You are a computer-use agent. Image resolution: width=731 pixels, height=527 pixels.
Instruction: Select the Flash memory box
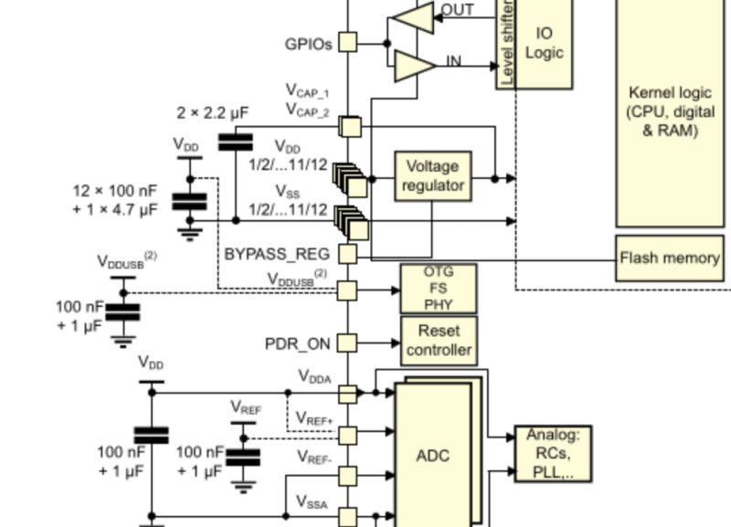tap(670, 258)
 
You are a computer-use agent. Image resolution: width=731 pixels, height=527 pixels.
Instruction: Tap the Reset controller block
tap(439, 340)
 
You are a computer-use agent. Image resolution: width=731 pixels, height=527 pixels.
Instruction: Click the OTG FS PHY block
tap(439, 289)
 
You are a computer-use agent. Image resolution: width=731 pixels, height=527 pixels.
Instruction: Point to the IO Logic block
tap(543, 43)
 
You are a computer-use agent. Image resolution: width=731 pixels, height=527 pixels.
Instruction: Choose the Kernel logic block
tap(670, 110)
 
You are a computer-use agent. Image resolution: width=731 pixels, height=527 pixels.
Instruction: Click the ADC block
tap(432, 455)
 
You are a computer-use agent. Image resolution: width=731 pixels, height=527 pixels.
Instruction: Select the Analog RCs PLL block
tap(552, 453)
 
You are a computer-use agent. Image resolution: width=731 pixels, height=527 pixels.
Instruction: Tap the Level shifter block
tap(506, 43)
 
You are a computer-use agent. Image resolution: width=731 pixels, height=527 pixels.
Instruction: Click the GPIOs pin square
tap(348, 42)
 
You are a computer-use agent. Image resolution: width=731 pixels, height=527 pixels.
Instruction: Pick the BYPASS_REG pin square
tap(348, 253)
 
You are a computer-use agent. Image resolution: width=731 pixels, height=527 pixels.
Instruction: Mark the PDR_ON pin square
tap(348, 343)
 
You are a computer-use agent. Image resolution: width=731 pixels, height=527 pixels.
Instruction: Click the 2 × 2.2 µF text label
tap(212, 112)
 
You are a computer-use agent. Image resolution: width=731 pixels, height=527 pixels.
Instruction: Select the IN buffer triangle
tap(413, 64)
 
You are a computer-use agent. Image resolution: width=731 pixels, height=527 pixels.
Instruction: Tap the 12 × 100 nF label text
tap(115, 192)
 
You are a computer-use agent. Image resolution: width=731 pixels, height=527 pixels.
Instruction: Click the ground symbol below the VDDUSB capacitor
tap(123, 342)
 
